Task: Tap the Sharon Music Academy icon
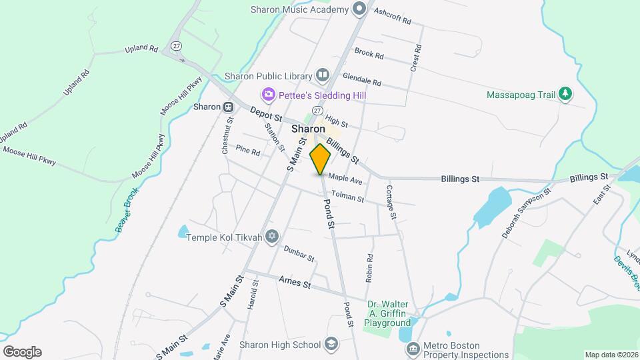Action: (x=360, y=9)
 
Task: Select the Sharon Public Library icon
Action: (x=323, y=75)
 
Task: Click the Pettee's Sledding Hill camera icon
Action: (x=269, y=95)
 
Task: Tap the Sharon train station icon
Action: (x=229, y=107)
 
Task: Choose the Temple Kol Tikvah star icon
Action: (x=271, y=237)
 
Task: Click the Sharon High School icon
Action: (x=330, y=344)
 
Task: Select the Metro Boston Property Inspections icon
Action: (x=413, y=349)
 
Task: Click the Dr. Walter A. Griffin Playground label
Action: (x=387, y=313)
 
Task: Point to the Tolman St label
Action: (x=347, y=197)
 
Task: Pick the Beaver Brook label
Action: (x=127, y=210)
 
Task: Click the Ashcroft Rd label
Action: (x=392, y=16)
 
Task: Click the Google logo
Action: (x=22, y=352)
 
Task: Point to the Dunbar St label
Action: (x=299, y=252)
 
